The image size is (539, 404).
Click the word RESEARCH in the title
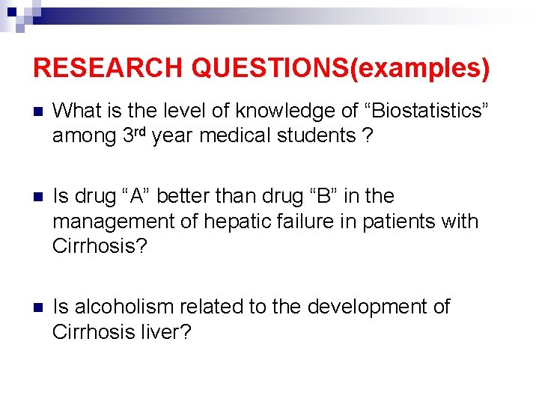[109, 68]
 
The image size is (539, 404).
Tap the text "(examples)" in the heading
[424, 68]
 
